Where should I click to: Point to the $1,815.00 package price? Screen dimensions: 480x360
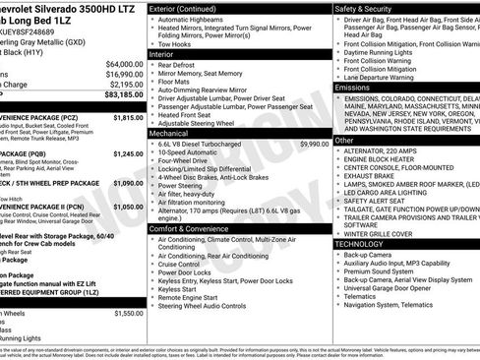(128, 117)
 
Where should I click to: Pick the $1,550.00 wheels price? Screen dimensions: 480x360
(128, 313)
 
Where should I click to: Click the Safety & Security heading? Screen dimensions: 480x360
(367, 8)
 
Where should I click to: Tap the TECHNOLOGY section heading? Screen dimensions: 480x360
(359, 243)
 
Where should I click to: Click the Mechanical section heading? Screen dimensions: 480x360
(168, 132)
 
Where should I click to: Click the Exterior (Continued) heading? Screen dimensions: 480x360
(189, 8)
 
